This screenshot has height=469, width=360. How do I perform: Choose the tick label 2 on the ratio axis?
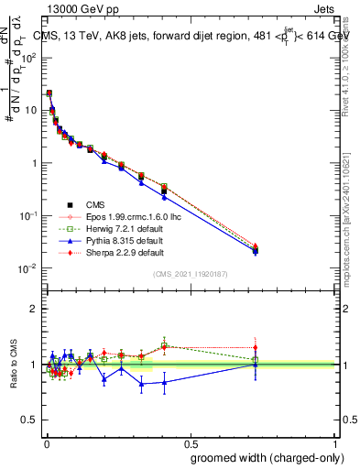coord(33,309)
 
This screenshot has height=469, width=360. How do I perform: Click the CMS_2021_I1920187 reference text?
coord(190,274)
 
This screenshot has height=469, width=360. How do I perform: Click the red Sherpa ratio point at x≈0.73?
coord(256,348)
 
